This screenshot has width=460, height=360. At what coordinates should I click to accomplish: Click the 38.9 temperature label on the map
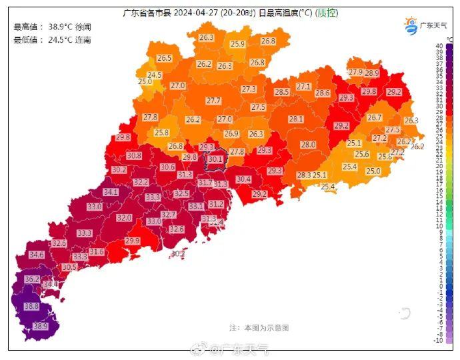coord(41,326)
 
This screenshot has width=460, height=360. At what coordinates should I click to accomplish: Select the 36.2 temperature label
coord(32,279)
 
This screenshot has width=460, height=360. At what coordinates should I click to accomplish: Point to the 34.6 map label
coord(36,255)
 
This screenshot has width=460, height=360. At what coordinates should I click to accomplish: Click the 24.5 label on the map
coord(154,75)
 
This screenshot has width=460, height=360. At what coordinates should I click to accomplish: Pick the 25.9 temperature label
coord(237,44)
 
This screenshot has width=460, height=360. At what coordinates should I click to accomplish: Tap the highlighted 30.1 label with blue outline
coord(215,159)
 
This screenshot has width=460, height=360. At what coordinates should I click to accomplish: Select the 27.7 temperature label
coord(213,101)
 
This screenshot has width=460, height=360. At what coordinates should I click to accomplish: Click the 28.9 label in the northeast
coord(371,73)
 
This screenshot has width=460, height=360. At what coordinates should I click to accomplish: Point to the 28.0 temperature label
coord(308,145)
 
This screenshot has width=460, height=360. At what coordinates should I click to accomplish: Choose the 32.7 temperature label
coord(169,215)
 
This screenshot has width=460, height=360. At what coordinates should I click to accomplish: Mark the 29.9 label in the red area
coord(133,241)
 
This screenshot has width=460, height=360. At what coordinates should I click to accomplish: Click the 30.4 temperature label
coord(243,179)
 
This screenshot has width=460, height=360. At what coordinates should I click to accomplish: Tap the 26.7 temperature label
coord(375,117)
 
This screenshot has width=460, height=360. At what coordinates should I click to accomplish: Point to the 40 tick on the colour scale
coord(439,46)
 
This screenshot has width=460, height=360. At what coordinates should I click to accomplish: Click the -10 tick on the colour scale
coord(438,341)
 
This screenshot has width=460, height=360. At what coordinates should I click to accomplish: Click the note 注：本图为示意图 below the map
coord(259,328)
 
